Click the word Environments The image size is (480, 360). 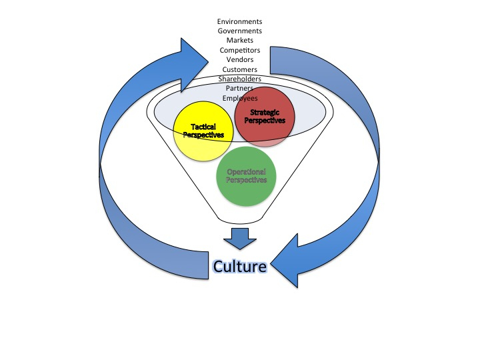[x=239, y=21]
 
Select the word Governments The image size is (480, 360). [x=239, y=31]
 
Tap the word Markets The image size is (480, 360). [x=239, y=40]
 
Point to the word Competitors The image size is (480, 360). [x=239, y=49]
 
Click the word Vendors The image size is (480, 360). [x=239, y=59]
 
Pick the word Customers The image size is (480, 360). [x=239, y=69]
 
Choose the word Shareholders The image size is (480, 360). [x=239, y=79]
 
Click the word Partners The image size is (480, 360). [x=239, y=88]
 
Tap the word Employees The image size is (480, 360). [x=239, y=98]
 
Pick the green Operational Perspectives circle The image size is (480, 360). [x=246, y=176]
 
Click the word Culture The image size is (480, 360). [x=240, y=266]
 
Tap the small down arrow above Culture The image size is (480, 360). [x=239, y=237]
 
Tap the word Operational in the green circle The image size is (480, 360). [x=247, y=172]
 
